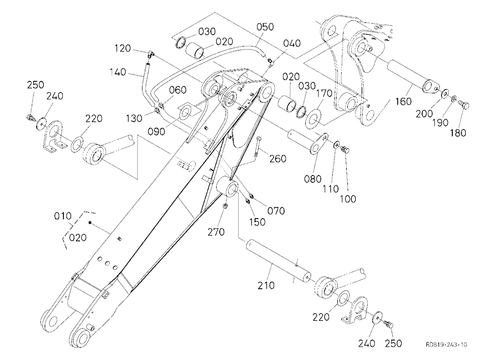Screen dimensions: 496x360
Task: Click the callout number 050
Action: click(x=265, y=27)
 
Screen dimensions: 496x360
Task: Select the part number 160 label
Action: click(x=404, y=102)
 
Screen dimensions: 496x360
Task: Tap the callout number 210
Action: click(x=266, y=285)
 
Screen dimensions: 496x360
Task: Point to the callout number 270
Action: click(x=216, y=232)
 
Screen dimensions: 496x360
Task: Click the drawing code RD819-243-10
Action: click(x=446, y=345)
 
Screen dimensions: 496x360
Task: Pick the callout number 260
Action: click(x=277, y=158)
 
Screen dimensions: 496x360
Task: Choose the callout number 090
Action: click(x=157, y=131)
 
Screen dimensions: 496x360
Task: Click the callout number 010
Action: click(x=62, y=216)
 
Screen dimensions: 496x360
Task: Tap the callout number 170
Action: click(x=324, y=93)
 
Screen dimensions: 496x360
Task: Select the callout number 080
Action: click(x=312, y=179)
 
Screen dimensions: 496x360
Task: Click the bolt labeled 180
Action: click(x=464, y=105)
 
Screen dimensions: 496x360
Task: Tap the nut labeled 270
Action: click(x=225, y=206)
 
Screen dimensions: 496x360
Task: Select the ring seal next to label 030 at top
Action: click(x=181, y=43)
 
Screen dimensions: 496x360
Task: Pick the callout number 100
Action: click(x=348, y=199)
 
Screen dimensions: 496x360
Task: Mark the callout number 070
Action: click(x=276, y=210)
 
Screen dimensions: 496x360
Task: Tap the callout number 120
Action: click(x=123, y=49)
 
